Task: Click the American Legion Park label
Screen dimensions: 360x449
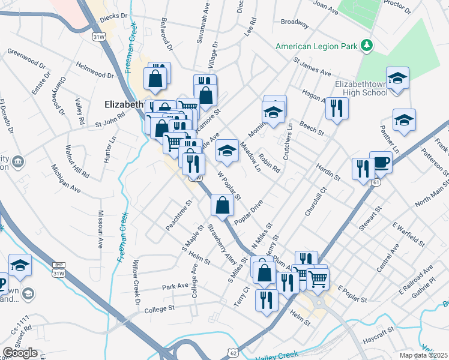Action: click(x=316, y=46)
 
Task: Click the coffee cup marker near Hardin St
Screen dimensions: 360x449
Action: click(x=381, y=162)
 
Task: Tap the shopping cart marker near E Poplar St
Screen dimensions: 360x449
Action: click(x=317, y=278)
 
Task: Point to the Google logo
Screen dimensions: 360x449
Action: click(x=20, y=353)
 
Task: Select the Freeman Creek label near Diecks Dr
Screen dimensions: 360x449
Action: click(x=130, y=49)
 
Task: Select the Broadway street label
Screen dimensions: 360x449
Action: click(x=295, y=23)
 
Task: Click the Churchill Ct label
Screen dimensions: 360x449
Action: click(x=315, y=201)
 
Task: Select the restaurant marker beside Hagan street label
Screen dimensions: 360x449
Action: click(x=336, y=108)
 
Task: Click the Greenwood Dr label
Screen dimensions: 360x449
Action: click(x=26, y=63)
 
